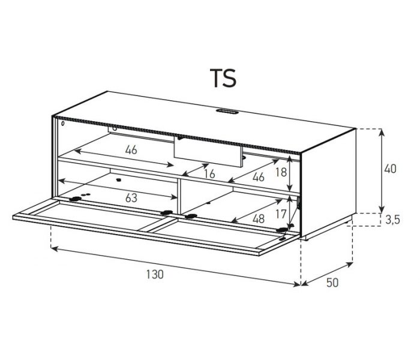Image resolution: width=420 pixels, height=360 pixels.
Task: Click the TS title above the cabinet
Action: point(223,78)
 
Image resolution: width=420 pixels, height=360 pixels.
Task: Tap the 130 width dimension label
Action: point(155,274)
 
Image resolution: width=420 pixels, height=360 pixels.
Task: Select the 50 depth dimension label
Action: point(332,283)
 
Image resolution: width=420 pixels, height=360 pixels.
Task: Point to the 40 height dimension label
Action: point(390,169)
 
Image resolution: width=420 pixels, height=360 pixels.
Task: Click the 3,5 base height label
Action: point(392,220)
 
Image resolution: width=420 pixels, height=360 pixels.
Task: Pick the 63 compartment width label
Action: point(131,197)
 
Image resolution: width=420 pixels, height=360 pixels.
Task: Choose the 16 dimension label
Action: point(209,174)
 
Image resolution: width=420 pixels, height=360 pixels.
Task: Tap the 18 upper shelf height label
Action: point(281,172)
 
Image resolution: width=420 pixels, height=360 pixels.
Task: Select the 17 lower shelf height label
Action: point(281,214)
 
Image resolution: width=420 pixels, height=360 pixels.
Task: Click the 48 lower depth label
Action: point(259,219)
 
